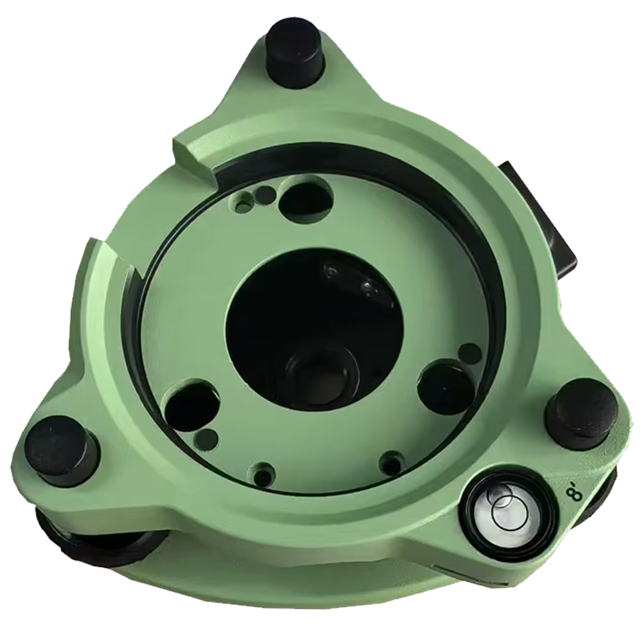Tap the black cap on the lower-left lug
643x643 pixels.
pos(63,450)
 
